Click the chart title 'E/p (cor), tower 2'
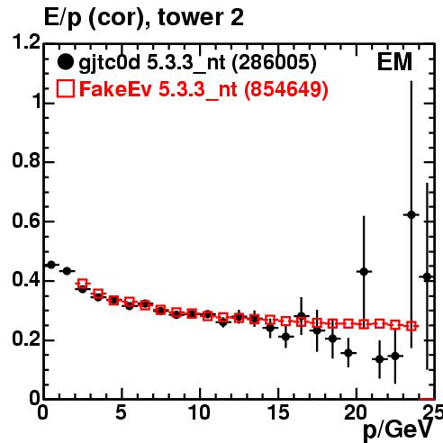[x=144, y=18]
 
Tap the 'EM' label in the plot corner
[x=394, y=62]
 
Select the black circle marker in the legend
[x=65, y=62]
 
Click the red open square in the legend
[x=65, y=89]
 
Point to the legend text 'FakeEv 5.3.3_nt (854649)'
[x=204, y=89]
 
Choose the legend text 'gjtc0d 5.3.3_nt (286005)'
[x=198, y=63]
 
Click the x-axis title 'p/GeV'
[x=398, y=431]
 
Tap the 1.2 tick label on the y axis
[x=26, y=42]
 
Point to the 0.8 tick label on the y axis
[x=26, y=160]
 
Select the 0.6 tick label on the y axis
[x=26, y=221]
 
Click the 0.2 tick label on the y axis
[x=26, y=339]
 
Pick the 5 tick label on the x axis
[x=122, y=412]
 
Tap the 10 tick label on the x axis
[x=200, y=412]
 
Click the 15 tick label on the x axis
[x=278, y=412]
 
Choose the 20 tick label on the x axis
[x=357, y=412]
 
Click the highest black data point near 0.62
[x=411, y=215]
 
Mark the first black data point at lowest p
[x=51, y=265]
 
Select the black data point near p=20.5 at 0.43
[x=364, y=272]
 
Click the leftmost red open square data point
[x=83, y=284]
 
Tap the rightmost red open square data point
[x=411, y=326]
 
